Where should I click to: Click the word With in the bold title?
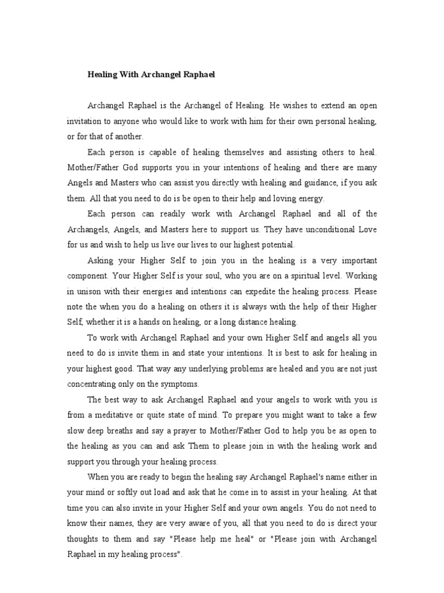click(x=128, y=74)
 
